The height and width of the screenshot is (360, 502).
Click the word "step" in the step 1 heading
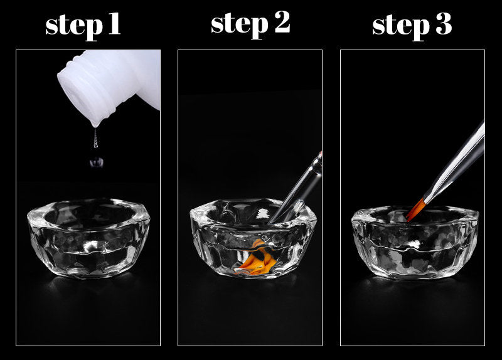pyautogui.click(x=74, y=26)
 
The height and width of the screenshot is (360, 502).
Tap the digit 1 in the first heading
pyautogui.click(x=114, y=23)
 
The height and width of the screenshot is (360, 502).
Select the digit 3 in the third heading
pyautogui.click(x=444, y=23)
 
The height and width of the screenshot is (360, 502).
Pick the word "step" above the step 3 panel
pyautogui.click(x=401, y=26)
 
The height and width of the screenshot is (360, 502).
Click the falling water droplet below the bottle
pyautogui.click(x=97, y=162)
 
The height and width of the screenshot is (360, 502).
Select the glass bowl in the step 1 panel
pyautogui.click(x=88, y=238)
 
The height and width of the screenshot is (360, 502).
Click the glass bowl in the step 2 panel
pyautogui.click(x=253, y=238)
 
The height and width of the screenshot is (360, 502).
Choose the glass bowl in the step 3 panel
pyautogui.click(x=415, y=242)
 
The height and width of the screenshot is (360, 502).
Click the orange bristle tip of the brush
pyautogui.click(x=415, y=210)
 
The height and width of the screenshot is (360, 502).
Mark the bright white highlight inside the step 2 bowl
pyautogui.click(x=263, y=213)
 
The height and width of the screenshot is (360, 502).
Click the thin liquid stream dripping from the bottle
pyautogui.click(x=95, y=138)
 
